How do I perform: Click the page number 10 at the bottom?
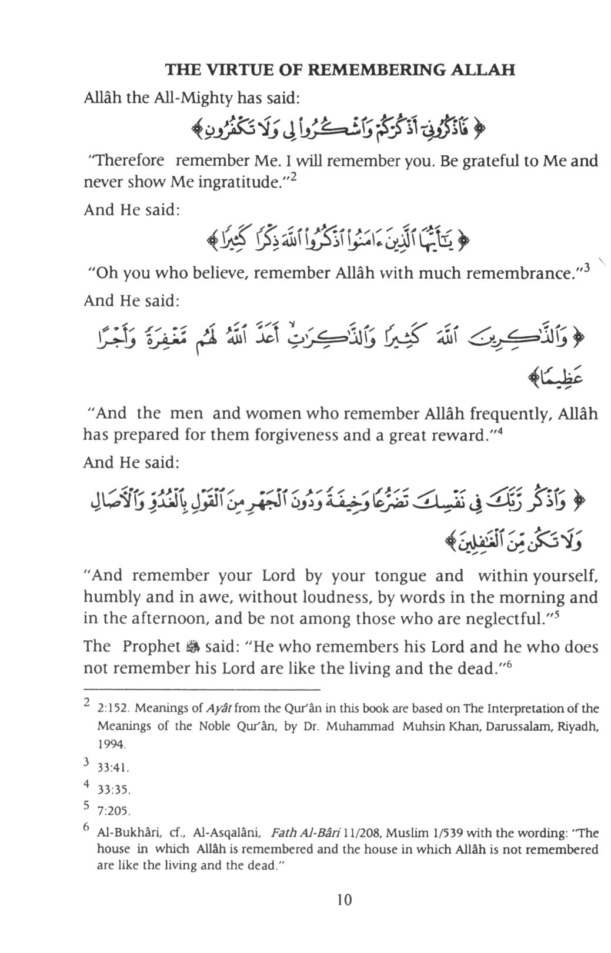pyautogui.click(x=344, y=900)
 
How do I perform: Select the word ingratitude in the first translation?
pyautogui.click(x=238, y=182)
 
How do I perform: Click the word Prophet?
pyautogui.click(x=151, y=647)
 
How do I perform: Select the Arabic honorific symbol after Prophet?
pyautogui.click(x=193, y=647)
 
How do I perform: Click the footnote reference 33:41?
pyautogui.click(x=113, y=768)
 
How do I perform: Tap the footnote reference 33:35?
pyautogui.click(x=113, y=790)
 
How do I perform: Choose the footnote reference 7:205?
pyautogui.click(x=113, y=811)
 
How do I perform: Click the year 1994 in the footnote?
pyautogui.click(x=111, y=744)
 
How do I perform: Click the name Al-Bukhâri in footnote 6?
pyautogui.click(x=128, y=833)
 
